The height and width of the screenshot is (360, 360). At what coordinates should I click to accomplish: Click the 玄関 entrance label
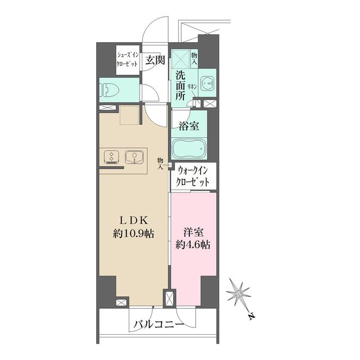[155, 60]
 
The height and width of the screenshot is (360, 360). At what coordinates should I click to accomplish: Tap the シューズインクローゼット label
[127, 60]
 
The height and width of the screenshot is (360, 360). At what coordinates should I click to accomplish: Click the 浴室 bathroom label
[188, 126]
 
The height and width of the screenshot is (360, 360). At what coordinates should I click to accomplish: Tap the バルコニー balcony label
[158, 325]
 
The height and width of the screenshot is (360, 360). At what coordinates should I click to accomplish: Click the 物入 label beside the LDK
[161, 163]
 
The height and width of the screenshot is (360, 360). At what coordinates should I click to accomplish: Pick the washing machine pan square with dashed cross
[181, 59]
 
